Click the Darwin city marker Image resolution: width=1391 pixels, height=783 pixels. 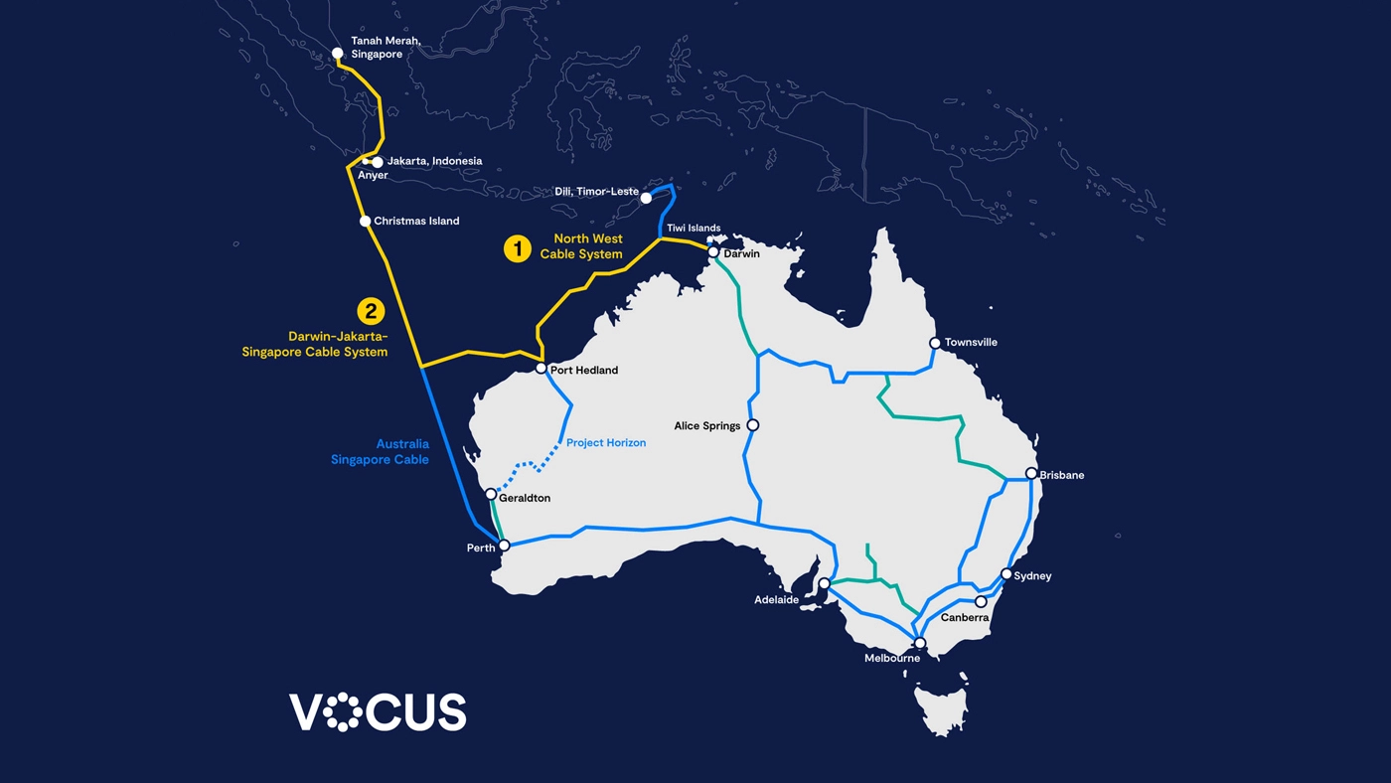tap(713, 252)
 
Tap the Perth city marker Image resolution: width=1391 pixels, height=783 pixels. tap(504, 546)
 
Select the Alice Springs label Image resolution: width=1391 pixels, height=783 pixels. tap(707, 426)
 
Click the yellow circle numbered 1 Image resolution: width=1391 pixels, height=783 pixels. tap(517, 248)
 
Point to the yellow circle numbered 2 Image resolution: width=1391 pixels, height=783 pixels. tap(371, 311)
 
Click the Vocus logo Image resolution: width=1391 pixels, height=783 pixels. tap(378, 711)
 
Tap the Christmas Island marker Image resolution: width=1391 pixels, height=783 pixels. tap(365, 221)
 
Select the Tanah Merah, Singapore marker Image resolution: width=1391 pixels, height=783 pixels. tap(337, 54)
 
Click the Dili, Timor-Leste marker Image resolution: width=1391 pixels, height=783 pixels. tap(646, 198)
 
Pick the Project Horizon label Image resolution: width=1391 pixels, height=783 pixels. tap(606, 443)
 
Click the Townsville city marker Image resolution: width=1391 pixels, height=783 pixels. tap(935, 343)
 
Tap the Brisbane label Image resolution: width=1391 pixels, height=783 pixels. tap(1062, 476)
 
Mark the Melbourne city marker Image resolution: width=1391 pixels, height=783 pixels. tap(920, 643)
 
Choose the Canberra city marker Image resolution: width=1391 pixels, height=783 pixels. tap(981, 601)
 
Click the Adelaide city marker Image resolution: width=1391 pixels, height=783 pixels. tap(824, 583)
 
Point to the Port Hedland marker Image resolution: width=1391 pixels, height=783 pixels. tap(541, 369)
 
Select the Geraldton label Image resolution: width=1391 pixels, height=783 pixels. tap(525, 499)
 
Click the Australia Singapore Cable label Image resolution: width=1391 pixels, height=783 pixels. tap(381, 452)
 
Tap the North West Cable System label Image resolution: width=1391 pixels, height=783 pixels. tap(582, 246)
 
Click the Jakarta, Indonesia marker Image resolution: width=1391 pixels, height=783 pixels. tap(378, 162)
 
